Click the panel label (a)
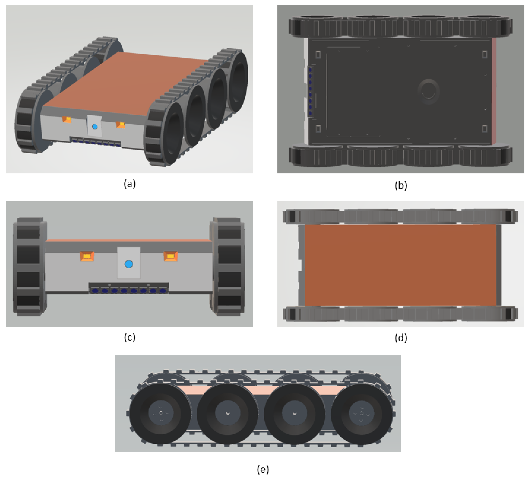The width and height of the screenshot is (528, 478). pyautogui.click(x=130, y=184)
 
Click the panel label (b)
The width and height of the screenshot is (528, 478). pyautogui.click(x=401, y=185)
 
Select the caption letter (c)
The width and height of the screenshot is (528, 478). pyautogui.click(x=130, y=337)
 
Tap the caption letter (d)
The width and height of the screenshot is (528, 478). pyautogui.click(x=401, y=338)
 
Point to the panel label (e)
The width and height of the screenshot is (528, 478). pyautogui.click(x=263, y=469)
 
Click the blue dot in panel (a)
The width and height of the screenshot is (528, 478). pyautogui.click(x=95, y=127)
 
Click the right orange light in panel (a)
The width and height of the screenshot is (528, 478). pyautogui.click(x=121, y=125)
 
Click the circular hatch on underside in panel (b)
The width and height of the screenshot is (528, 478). pyautogui.click(x=428, y=92)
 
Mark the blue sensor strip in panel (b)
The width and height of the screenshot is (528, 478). pyautogui.click(x=310, y=92)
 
